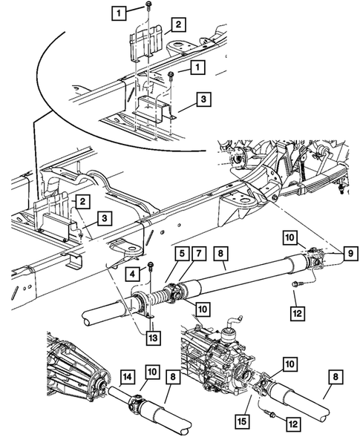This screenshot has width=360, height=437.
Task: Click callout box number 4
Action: click(132, 274)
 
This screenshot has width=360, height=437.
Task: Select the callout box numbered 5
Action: click(182, 254)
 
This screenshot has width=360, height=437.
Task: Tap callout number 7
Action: click(199, 254)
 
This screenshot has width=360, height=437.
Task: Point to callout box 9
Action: click(350, 253)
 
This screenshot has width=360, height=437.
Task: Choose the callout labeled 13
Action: click(153, 338)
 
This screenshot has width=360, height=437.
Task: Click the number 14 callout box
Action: click(128, 377)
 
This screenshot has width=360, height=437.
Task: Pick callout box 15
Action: click(242, 421)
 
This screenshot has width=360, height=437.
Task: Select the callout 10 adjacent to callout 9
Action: click(290, 237)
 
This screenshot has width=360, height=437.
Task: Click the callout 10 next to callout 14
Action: click(152, 372)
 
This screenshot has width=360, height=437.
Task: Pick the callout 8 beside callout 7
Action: click(221, 254)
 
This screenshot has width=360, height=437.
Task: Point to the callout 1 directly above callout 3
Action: click(197, 68)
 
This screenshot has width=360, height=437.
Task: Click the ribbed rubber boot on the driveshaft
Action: click(157, 296)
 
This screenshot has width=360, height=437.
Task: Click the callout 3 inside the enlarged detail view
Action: click(203, 99)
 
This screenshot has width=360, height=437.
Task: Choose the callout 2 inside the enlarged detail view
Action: click(178, 24)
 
